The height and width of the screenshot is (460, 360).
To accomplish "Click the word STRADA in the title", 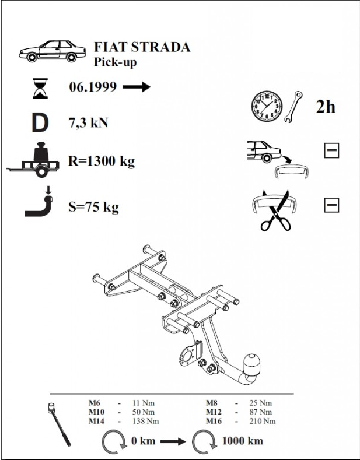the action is [x=160, y=47].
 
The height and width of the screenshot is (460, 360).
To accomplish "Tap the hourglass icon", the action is [x=40, y=88].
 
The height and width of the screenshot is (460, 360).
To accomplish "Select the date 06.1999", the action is [x=93, y=87].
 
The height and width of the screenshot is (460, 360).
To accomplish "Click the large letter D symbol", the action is [x=40, y=123].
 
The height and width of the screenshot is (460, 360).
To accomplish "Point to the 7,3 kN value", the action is [x=88, y=122].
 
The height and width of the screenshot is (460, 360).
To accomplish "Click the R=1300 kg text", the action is [x=102, y=161].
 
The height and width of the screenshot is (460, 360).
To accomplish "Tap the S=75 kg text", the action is [x=94, y=207].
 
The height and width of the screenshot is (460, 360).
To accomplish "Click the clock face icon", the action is [x=267, y=106].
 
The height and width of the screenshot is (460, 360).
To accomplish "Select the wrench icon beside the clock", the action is [x=293, y=107].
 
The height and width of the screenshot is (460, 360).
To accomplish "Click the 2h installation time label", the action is [x=326, y=107].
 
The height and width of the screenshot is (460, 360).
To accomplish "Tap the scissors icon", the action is [x=276, y=211].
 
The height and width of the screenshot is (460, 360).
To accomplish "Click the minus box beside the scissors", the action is [x=331, y=205].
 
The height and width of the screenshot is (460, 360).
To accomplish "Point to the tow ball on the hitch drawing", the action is [x=251, y=364].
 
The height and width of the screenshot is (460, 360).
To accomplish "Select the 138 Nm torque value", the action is [x=145, y=421].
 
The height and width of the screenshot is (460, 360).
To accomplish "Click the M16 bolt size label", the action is [x=214, y=421].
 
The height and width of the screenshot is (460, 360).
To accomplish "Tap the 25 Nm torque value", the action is [x=260, y=403].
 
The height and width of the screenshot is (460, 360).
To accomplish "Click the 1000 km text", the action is [x=243, y=441].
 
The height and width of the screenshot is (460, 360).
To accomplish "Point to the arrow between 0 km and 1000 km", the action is [x=173, y=441].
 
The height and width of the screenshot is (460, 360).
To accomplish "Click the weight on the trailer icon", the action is [x=41, y=152].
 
